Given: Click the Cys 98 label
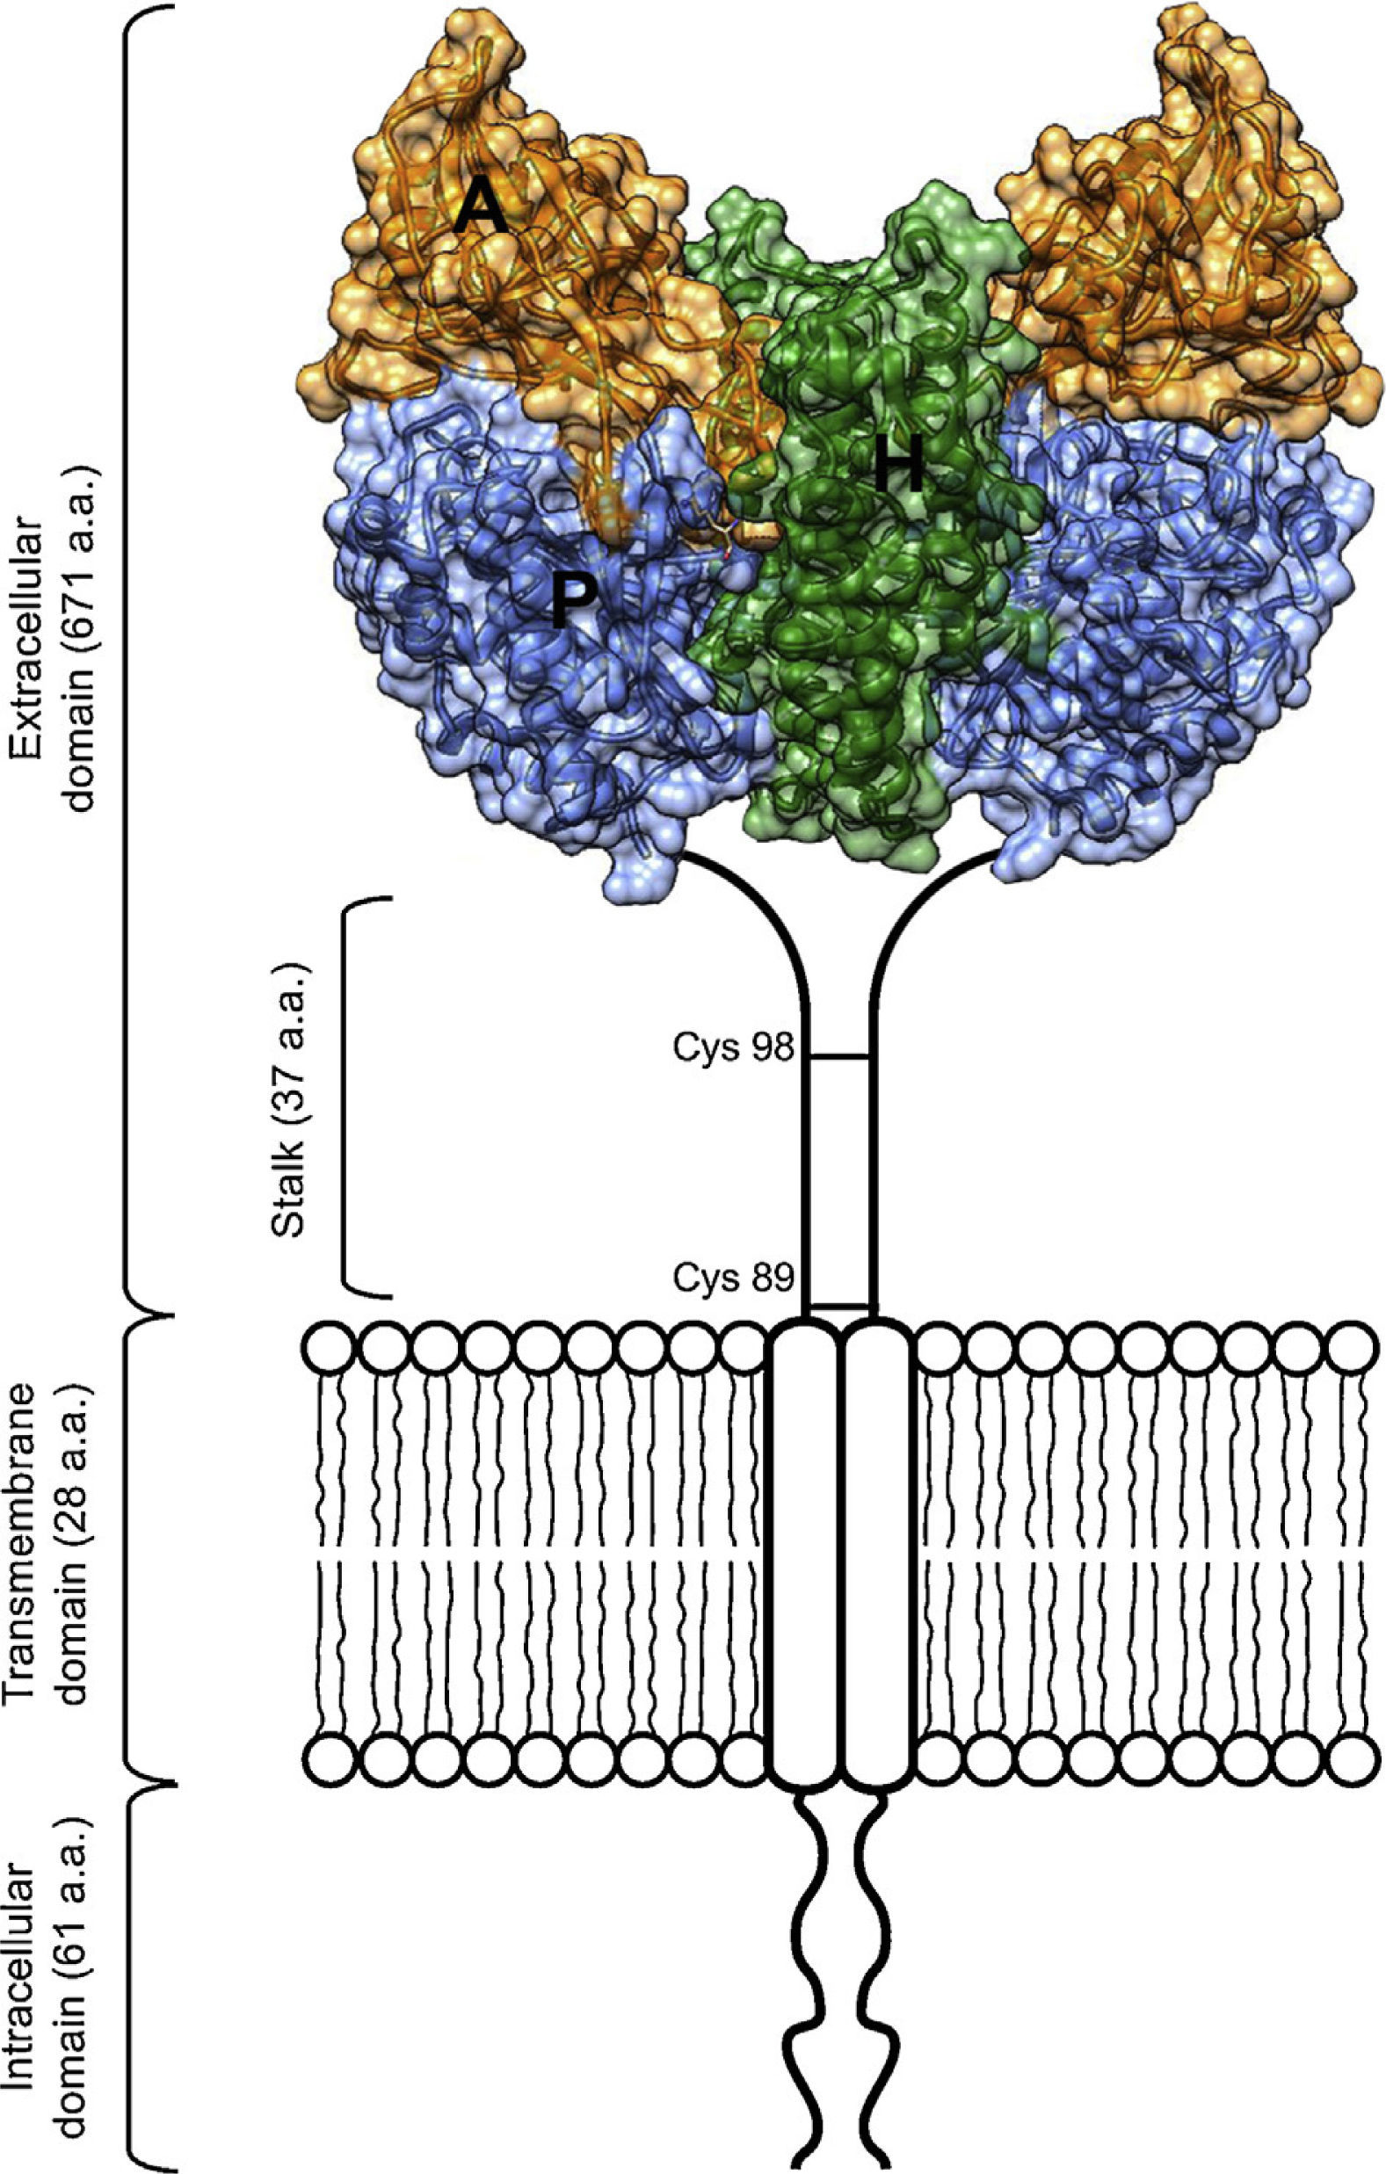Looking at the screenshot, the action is click(731, 1048).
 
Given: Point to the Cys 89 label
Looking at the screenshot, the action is click(731, 1278).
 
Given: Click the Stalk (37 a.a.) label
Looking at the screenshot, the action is click(292, 1096).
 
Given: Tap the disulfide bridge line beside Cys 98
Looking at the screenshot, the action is click(839, 1056).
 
